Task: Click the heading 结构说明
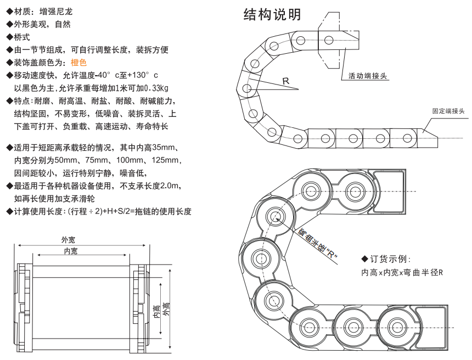272,15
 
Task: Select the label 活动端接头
367,76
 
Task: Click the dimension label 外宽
68,239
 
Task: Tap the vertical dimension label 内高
157,312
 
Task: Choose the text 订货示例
390,259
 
